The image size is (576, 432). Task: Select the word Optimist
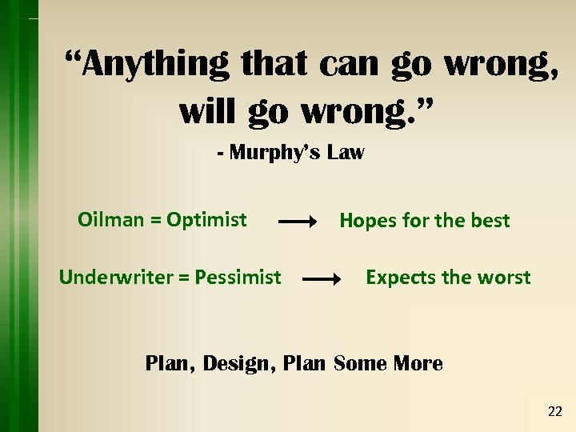pyautogui.click(x=206, y=219)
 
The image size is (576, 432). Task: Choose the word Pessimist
pyautogui.click(x=238, y=278)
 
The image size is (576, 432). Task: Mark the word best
pyautogui.click(x=490, y=221)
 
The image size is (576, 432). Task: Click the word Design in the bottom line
pyautogui.click(x=239, y=363)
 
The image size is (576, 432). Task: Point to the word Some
pyautogui.click(x=359, y=363)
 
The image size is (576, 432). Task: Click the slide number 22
pyautogui.click(x=554, y=412)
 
